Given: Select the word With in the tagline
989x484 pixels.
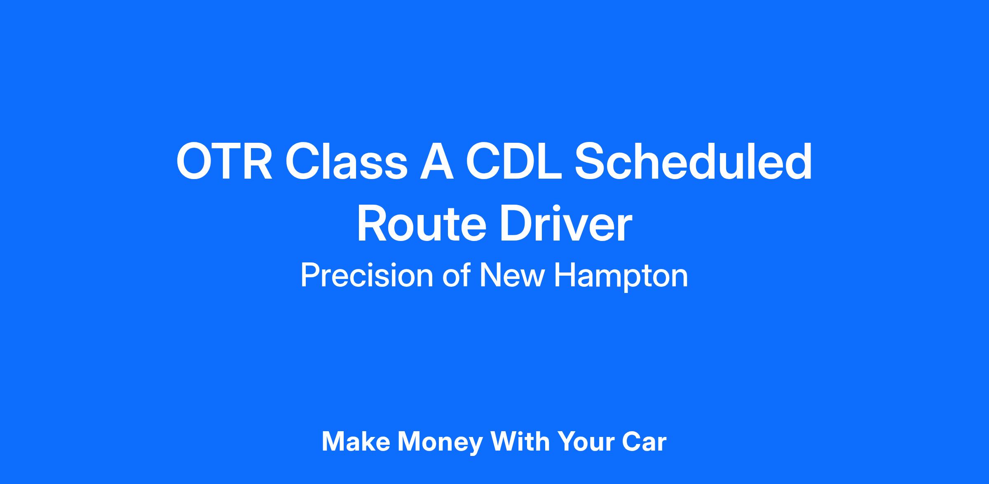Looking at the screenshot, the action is pos(520,442).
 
